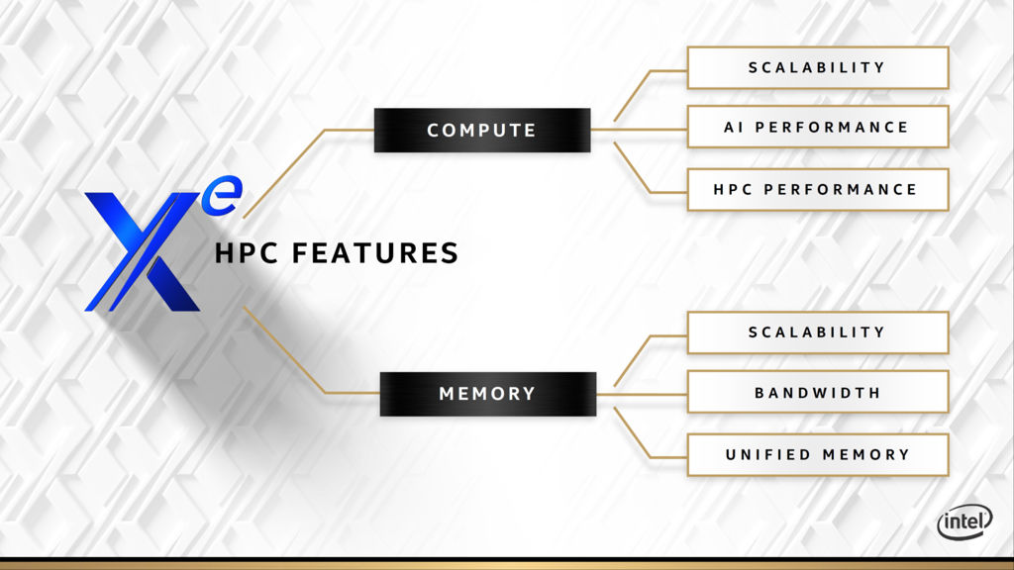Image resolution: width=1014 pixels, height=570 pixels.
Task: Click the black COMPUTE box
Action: coord(482,130)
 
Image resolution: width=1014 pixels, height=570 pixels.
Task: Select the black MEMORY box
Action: coord(487,394)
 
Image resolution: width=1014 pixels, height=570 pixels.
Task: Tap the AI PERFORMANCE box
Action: coord(817,127)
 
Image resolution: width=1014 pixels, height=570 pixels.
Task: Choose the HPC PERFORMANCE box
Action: coord(817,189)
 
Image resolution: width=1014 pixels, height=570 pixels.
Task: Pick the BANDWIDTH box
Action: coord(817,392)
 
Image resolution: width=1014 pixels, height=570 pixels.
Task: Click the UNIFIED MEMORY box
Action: coord(817,455)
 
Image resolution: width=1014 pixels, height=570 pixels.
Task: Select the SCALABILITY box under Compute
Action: coord(817,67)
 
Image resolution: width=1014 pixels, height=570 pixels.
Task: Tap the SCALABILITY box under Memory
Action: coord(817,332)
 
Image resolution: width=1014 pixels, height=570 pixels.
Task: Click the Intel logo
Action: coord(964,522)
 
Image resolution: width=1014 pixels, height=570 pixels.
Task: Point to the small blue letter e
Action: coord(222,195)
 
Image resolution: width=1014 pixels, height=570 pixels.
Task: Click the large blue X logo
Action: coord(143,251)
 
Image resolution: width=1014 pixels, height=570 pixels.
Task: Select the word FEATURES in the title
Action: coord(375,252)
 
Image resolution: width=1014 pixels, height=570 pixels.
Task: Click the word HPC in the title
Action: coord(247,252)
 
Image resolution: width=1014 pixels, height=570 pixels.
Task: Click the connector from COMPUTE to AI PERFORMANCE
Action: coord(639,130)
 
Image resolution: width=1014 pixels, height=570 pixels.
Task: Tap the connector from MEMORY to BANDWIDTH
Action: coord(642,394)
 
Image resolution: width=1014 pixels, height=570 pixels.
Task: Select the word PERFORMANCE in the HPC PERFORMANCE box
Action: coord(841,189)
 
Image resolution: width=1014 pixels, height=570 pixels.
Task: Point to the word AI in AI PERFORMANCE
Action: coord(734,128)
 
